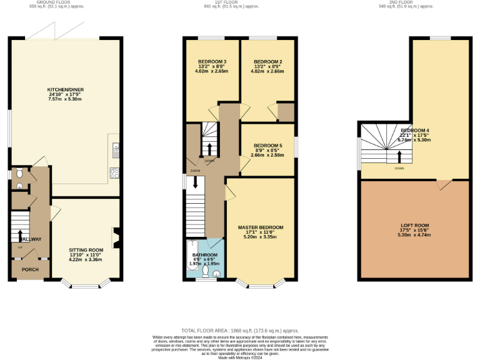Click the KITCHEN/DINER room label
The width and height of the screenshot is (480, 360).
(66, 89)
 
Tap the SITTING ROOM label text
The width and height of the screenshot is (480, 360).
(86, 249)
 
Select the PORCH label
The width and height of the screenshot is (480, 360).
(30, 269)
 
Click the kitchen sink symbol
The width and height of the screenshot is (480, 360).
(116, 149)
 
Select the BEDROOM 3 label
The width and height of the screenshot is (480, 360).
(208, 61)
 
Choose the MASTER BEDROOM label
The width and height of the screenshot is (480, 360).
(261, 227)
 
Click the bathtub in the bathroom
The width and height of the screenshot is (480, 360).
(191, 247)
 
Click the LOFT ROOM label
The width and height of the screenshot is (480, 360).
(415, 225)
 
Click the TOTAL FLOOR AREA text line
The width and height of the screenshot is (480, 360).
(240, 330)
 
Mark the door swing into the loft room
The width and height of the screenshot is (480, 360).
(443, 185)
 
